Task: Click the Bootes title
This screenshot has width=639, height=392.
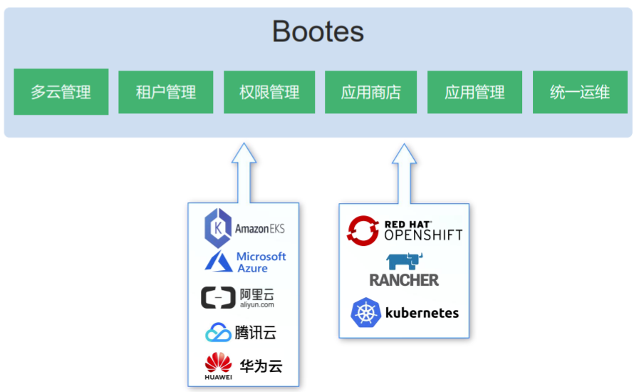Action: [x=318, y=31]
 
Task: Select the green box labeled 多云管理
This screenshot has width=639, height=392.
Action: [x=61, y=92]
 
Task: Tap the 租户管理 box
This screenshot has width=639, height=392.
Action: [x=165, y=92]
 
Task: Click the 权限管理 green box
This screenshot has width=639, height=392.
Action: [x=269, y=92]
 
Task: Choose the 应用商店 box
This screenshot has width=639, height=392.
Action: [x=370, y=92]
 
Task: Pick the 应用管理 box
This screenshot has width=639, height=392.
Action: [x=474, y=92]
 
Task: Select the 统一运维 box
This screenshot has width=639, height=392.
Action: [x=580, y=92]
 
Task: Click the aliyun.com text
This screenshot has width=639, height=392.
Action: [x=256, y=304]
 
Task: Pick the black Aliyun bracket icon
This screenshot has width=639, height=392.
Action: [x=218, y=297]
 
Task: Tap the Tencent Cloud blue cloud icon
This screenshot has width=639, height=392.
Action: [x=218, y=333]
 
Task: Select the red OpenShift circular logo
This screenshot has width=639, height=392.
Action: [x=363, y=229]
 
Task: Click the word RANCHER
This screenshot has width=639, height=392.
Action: [x=404, y=280]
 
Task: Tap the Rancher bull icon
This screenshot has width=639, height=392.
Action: [x=405, y=261]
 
